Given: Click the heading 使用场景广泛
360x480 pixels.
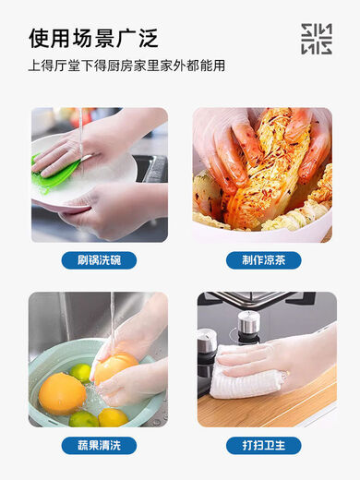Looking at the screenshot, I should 93,38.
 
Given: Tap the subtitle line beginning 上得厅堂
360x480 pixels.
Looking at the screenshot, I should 126,66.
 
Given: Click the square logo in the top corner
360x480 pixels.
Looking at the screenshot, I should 317,39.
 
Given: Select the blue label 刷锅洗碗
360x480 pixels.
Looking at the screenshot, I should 99,260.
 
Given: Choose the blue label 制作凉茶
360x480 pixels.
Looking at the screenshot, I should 263,260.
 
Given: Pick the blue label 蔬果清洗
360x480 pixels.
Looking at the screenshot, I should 99,445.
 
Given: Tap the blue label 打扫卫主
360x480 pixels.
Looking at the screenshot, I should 263,445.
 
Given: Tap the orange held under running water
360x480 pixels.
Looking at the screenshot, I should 114,366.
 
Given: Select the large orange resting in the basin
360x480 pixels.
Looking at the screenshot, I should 62,392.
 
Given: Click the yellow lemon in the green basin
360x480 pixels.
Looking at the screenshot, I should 112,417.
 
